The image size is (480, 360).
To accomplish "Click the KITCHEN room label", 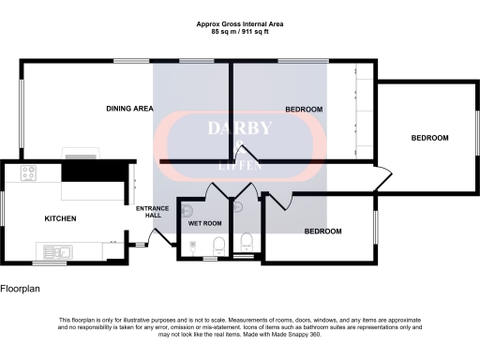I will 60,218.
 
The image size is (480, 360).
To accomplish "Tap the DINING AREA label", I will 130,109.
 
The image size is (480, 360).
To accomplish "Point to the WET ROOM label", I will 204,224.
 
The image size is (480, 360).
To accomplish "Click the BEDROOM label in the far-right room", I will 429,138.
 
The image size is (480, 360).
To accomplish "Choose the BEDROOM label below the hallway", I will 322,231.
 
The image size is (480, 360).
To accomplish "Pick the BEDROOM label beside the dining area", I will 304,110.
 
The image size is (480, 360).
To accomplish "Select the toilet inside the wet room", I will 217,247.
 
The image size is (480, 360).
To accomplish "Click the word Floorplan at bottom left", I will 21,290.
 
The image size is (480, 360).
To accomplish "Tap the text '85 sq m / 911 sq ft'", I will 240,32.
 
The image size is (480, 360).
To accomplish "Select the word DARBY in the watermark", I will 239,128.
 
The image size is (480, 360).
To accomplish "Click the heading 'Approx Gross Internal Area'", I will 240,23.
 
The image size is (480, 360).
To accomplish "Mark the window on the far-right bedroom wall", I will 475,138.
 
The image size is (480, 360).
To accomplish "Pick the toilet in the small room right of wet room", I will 246,241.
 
